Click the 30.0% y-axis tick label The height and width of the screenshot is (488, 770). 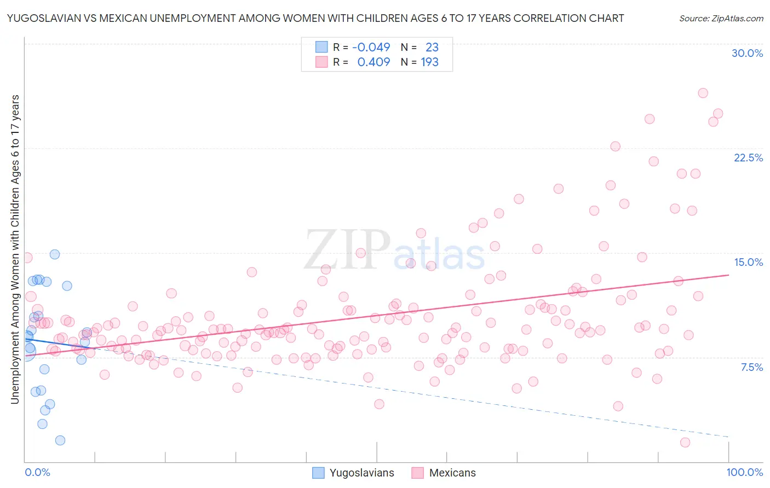747,53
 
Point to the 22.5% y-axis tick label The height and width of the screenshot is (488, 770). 748,158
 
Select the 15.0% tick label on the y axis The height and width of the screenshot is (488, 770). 748,262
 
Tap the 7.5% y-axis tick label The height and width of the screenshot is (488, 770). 751,367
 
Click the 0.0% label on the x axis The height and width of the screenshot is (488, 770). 37,472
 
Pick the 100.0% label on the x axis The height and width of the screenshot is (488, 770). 744,472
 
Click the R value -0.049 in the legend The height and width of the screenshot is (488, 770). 371,48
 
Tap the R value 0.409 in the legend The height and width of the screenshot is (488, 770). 373,62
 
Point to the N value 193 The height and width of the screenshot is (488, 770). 429,62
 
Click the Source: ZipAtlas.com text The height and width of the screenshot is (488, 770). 721,18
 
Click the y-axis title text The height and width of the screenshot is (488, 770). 15,249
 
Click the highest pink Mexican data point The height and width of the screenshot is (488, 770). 703,93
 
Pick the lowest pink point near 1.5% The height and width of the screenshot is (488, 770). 685,442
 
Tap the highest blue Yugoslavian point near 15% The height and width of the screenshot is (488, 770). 54,254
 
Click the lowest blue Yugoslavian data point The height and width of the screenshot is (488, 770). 60,440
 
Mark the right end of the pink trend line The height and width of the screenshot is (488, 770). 728,275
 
